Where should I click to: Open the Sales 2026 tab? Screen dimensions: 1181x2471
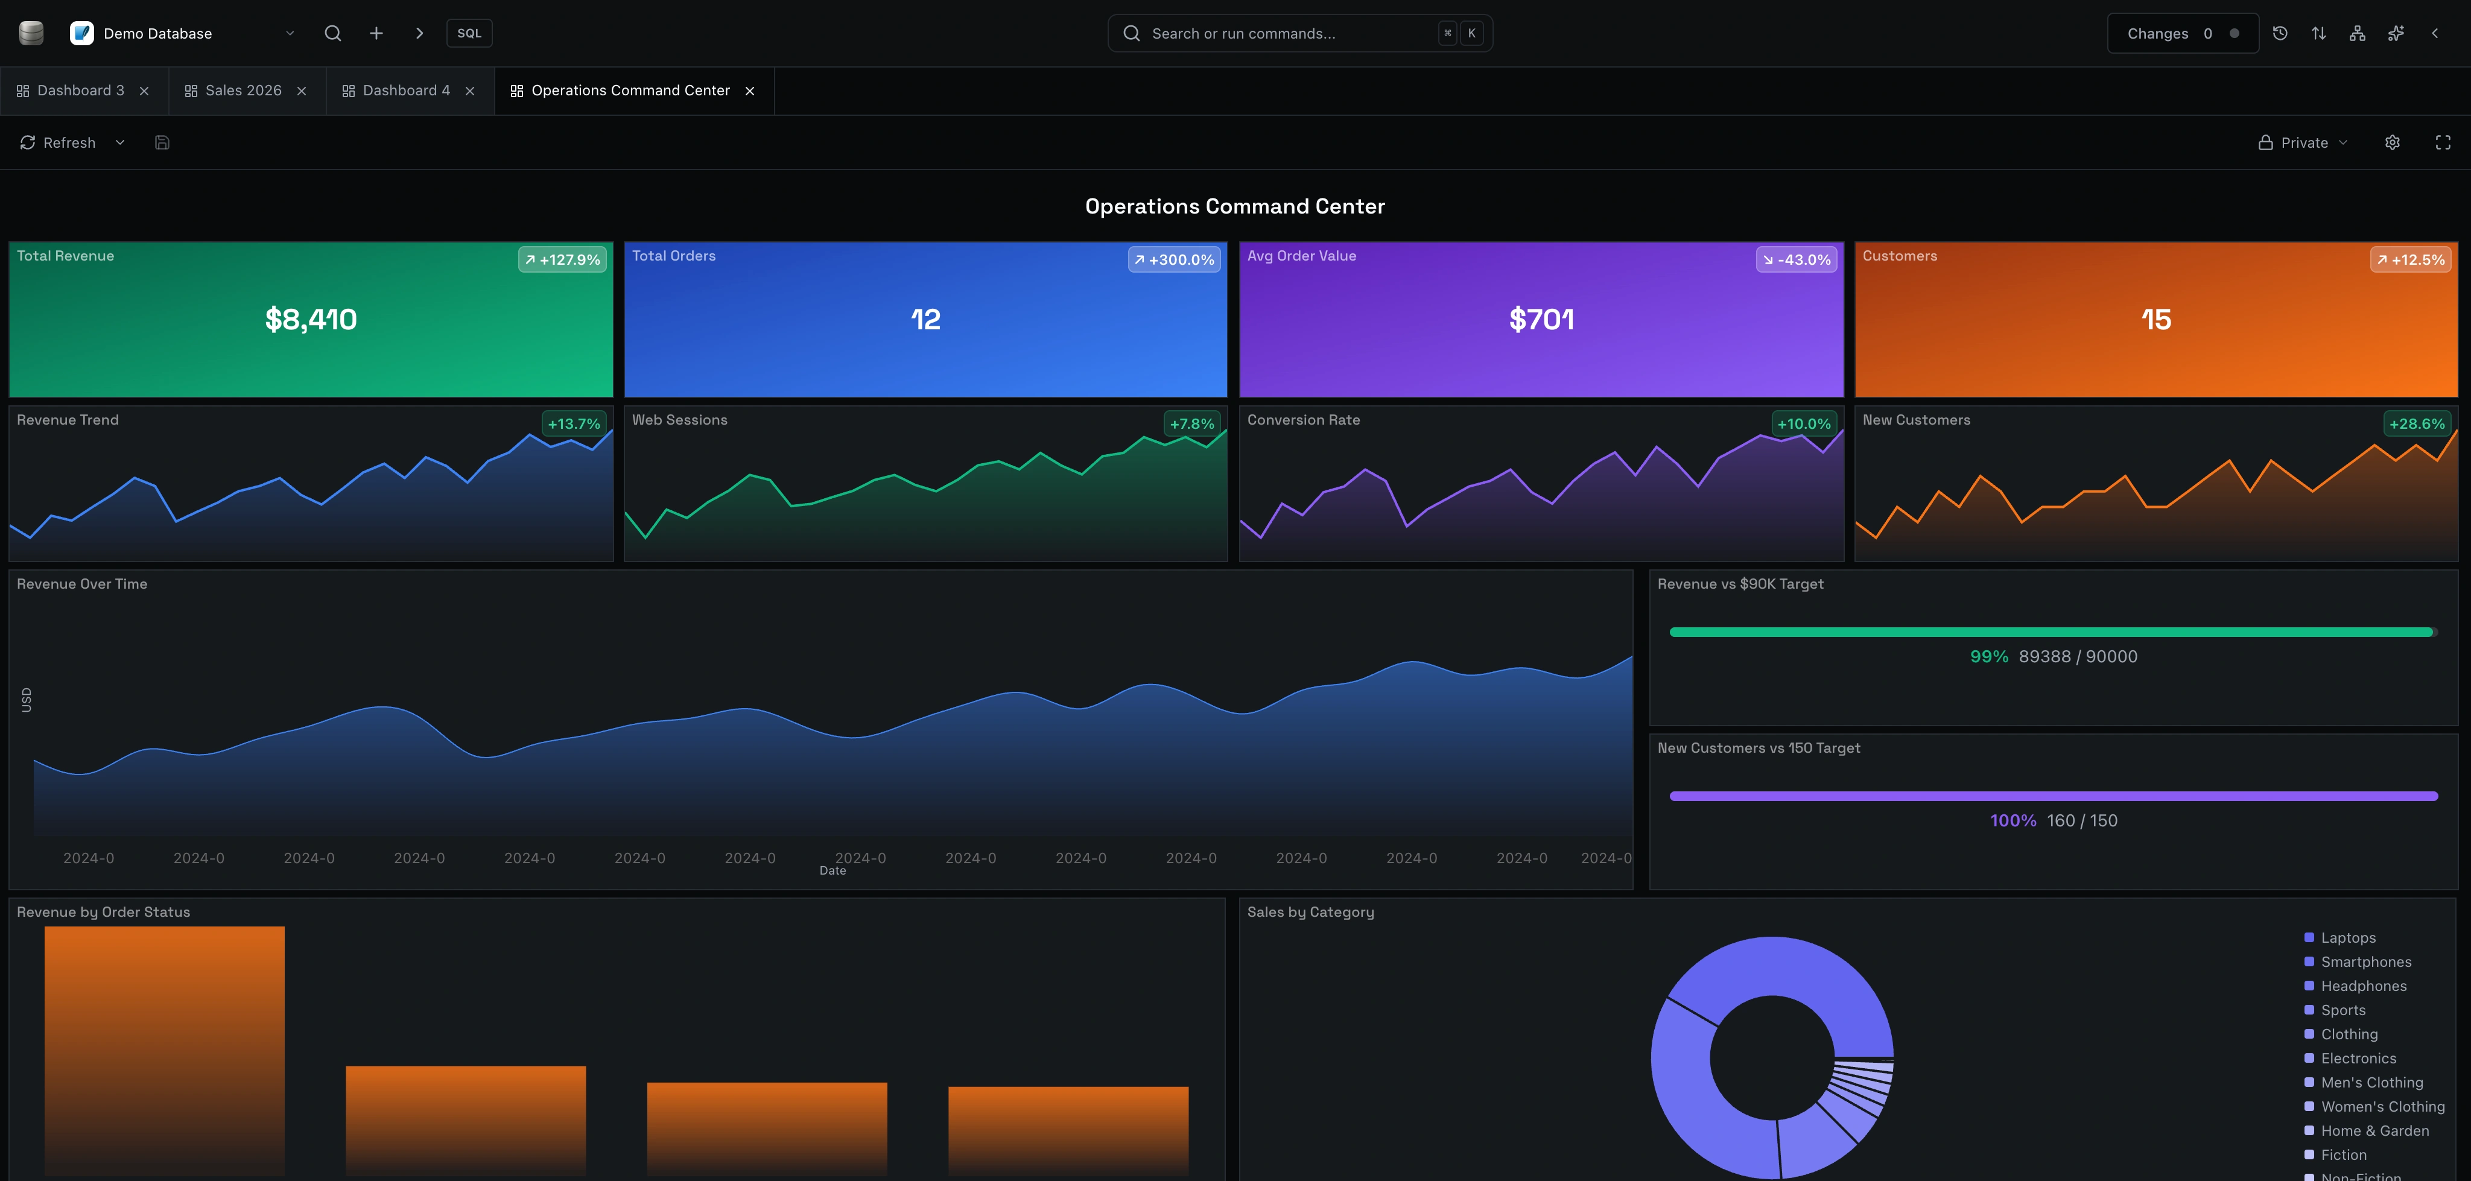(x=243, y=91)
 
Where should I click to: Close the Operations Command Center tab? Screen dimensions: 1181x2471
(x=750, y=91)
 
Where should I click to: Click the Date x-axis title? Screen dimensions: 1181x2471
(x=833, y=871)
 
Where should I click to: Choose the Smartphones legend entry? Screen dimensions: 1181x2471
(x=2365, y=962)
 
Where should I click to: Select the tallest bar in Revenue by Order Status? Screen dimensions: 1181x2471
(x=164, y=1051)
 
